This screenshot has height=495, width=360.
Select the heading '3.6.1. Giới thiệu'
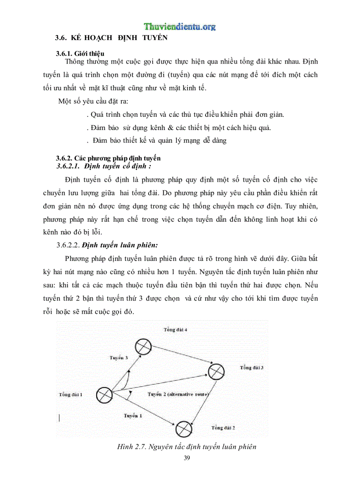click(x=80, y=54)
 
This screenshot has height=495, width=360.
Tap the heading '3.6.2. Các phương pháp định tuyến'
click(x=108, y=158)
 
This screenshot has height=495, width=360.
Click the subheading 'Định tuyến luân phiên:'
click(x=120, y=244)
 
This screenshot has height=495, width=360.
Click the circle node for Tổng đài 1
click(x=104, y=395)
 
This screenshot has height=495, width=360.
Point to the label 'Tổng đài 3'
click(x=252, y=368)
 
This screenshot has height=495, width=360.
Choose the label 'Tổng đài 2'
click(x=223, y=428)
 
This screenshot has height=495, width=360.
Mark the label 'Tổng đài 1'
click(x=71, y=395)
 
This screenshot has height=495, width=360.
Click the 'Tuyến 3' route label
click(x=119, y=357)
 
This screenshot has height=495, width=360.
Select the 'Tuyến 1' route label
click(x=133, y=416)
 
